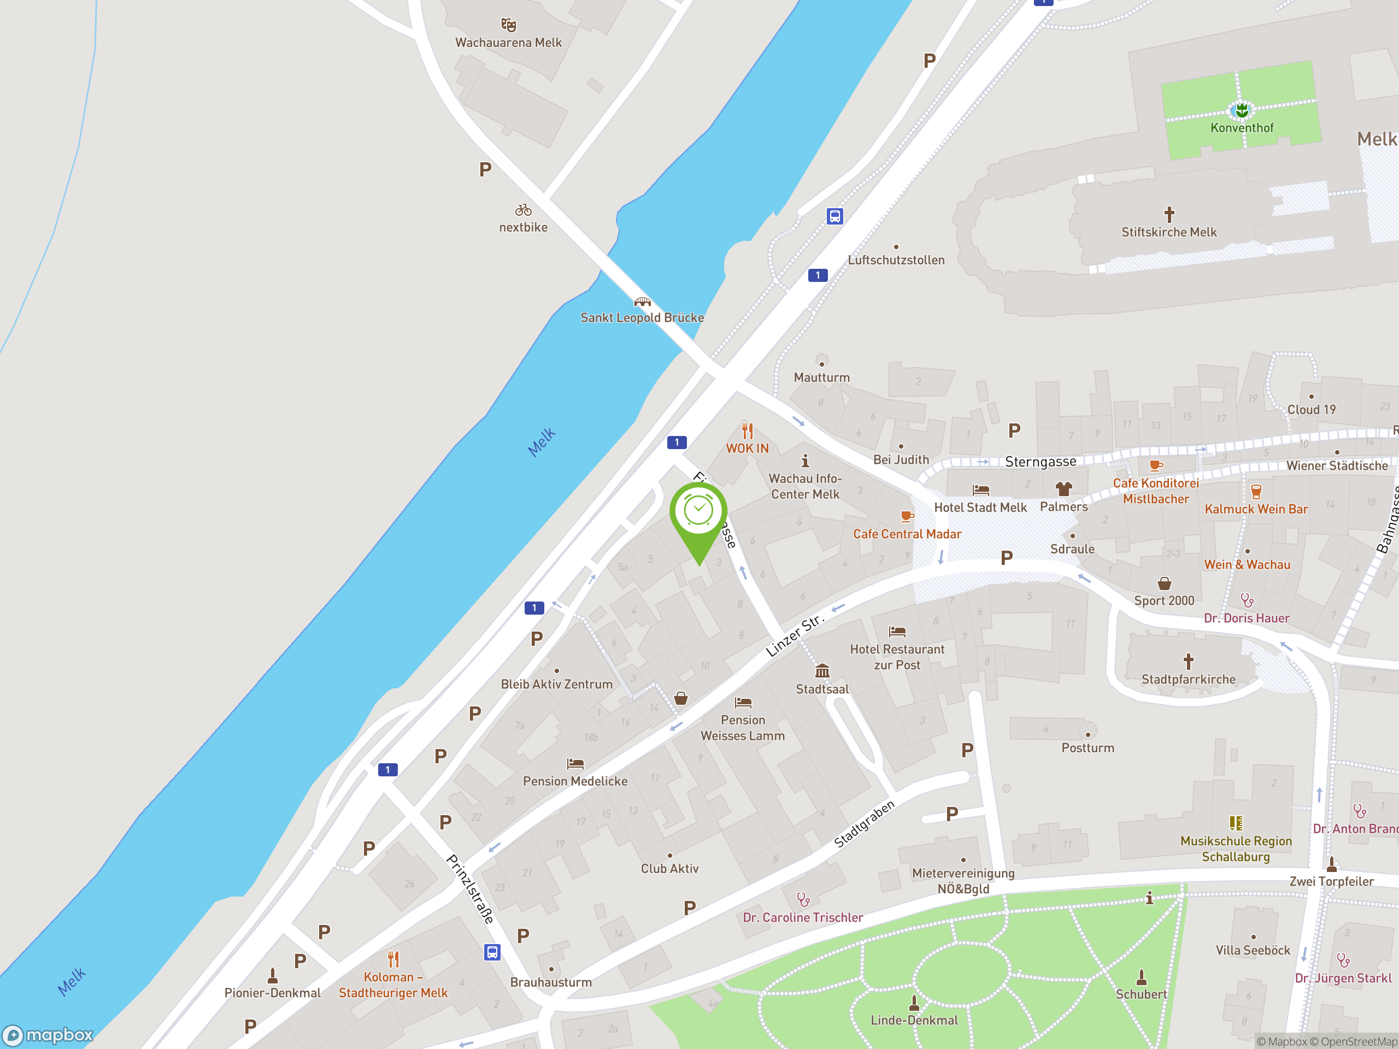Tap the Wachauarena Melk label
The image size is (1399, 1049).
[x=508, y=43]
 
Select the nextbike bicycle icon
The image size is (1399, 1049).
[x=523, y=210]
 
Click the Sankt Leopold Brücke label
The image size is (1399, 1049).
[x=642, y=317]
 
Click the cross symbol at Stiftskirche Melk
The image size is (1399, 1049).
[x=1169, y=215]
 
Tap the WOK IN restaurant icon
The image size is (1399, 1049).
[x=748, y=431]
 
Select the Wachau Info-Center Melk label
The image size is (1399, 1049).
[x=805, y=486]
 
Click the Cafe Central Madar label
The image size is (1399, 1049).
[x=907, y=534]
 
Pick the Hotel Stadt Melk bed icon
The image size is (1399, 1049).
[x=980, y=490]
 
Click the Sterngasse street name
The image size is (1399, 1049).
[x=1041, y=462]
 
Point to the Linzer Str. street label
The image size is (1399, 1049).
[x=795, y=635]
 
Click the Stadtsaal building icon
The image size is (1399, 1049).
[x=822, y=671]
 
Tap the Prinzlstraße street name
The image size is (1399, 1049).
[x=469, y=888]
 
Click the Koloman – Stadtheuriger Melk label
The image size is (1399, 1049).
[x=393, y=985]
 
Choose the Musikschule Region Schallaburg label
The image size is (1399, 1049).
[x=1236, y=848]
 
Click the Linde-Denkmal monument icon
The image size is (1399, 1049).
[x=914, y=1003]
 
